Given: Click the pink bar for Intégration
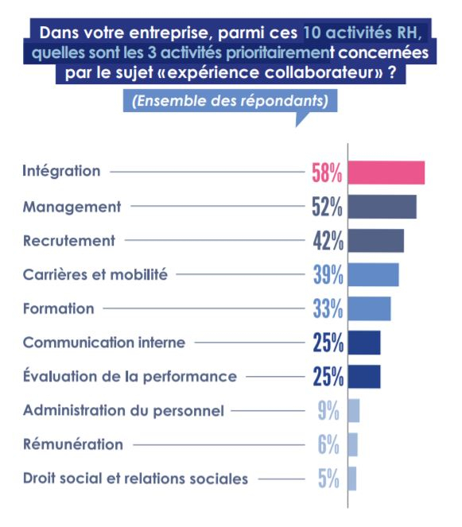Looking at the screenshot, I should point(386,172).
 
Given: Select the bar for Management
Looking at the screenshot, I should point(382,207).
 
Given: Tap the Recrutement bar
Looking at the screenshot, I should point(376,241).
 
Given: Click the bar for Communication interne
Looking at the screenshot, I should point(364,343).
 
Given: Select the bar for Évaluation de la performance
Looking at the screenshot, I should point(364,377).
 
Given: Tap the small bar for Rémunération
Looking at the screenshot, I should point(353,445).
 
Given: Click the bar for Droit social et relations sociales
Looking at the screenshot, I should point(352,479).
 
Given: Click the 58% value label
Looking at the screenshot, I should point(327,172).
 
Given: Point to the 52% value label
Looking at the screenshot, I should point(327,207).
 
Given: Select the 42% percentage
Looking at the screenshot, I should point(327,241).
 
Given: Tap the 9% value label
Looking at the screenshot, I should point(328,411).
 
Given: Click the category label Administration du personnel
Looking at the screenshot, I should point(123,411).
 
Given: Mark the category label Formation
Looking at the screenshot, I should point(58,308).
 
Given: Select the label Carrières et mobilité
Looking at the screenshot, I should point(95,274).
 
